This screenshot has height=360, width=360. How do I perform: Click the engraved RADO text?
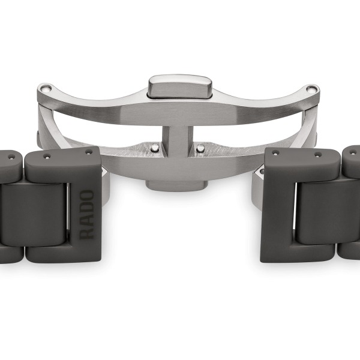coord(87,214)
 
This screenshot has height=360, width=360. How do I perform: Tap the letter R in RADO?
coord(87,233)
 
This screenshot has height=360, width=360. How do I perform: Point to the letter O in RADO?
coord(87,196)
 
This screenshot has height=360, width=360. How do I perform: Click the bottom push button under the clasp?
coord(176,185)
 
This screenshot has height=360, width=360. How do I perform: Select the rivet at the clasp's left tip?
coord(46,88)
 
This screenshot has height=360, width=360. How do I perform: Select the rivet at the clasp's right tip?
coord(311,89)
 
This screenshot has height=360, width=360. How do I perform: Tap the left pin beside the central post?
coord(155,148)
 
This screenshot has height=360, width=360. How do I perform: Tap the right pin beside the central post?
coord(200,148)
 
